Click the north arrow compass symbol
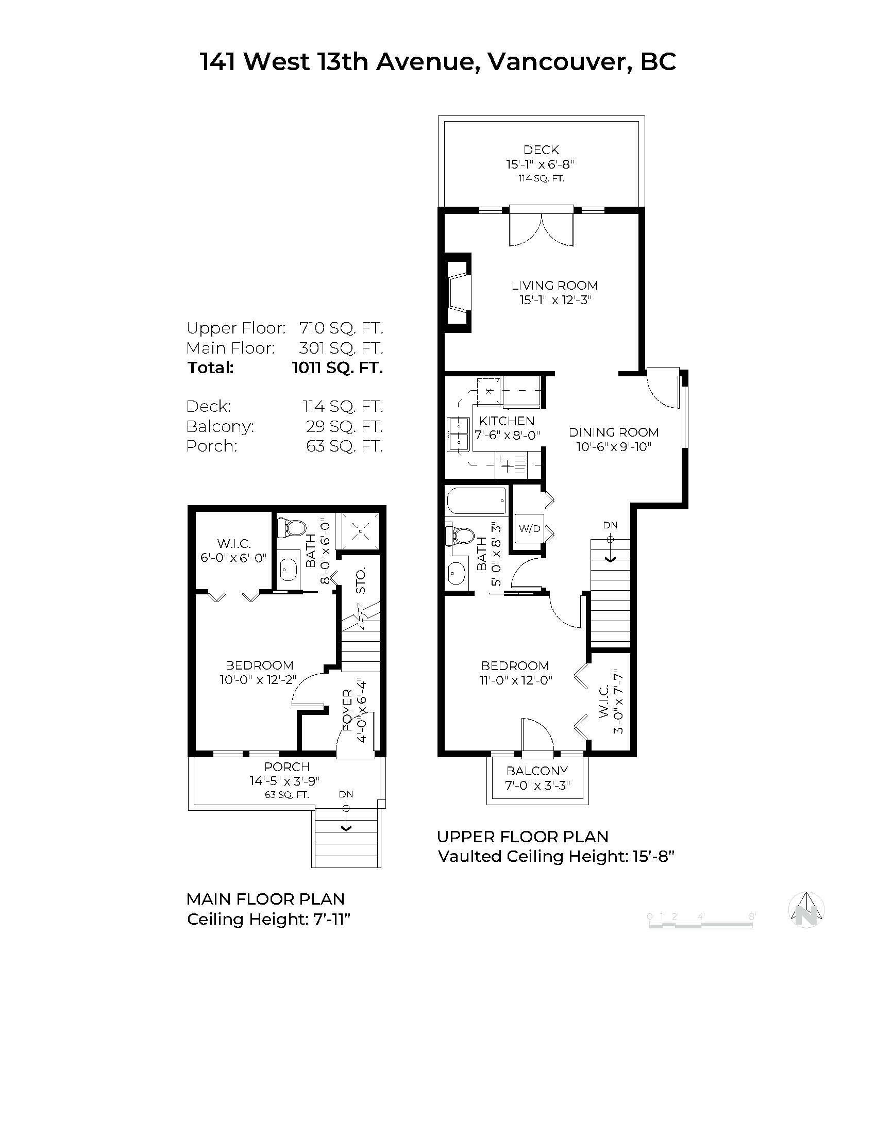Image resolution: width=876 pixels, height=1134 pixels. coord(806,910)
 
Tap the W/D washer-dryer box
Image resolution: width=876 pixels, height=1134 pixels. coord(529,528)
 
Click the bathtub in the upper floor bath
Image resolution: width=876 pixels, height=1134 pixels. coord(477,500)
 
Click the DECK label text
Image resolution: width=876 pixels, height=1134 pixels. coord(541,150)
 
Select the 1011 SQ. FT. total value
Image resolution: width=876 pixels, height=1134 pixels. coord(338,368)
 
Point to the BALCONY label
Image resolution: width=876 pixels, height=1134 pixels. coord(537,771)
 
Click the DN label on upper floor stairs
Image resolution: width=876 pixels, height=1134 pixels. coord(610,525)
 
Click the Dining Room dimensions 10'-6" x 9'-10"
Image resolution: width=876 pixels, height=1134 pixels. coord(613,446)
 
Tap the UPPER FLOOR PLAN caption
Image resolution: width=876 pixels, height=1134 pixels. coord(522,837)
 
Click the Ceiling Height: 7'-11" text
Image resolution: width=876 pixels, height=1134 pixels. coord(269,919)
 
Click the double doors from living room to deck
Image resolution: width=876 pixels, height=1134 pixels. coord(541,227)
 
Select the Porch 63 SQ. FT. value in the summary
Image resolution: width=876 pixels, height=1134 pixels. coord(344,446)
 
